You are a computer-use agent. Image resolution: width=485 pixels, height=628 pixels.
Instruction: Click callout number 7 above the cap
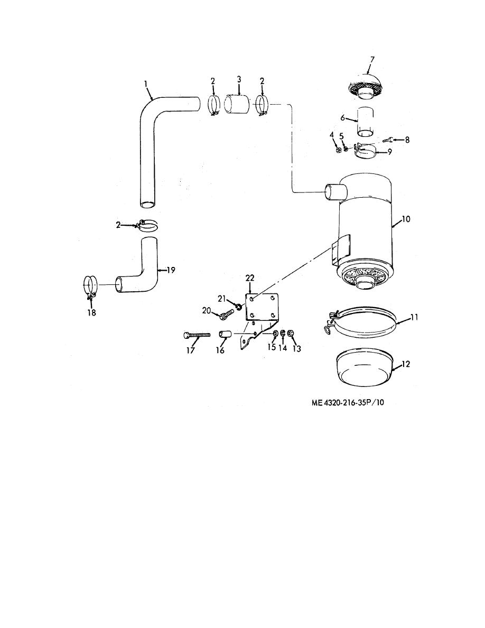click(372, 60)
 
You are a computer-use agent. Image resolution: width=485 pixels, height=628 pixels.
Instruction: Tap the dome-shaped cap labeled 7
click(366, 85)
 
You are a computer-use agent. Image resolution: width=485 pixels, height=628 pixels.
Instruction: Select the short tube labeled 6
click(366, 122)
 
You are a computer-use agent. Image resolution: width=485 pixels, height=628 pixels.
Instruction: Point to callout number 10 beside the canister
click(406, 219)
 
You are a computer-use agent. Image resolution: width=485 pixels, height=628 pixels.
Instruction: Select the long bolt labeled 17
click(197, 335)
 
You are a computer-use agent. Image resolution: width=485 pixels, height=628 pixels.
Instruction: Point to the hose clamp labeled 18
click(90, 287)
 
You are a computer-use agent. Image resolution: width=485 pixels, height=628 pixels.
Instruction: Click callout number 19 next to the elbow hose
click(171, 270)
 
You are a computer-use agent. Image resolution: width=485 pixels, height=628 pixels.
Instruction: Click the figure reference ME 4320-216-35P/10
click(347, 402)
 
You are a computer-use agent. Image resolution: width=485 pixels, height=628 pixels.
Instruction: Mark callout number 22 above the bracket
click(250, 278)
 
